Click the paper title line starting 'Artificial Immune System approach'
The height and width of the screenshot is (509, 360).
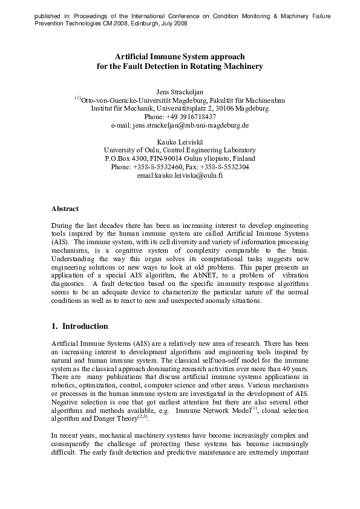pyautogui.click(x=180, y=56)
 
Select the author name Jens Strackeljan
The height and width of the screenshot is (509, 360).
pyautogui.click(x=180, y=91)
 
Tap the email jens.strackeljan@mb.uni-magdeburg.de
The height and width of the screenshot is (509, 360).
pyautogui.click(x=180, y=125)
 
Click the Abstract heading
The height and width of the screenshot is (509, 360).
pyautogui.click(x=65, y=209)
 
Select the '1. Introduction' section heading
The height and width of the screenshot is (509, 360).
pyautogui.click(x=80, y=326)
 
